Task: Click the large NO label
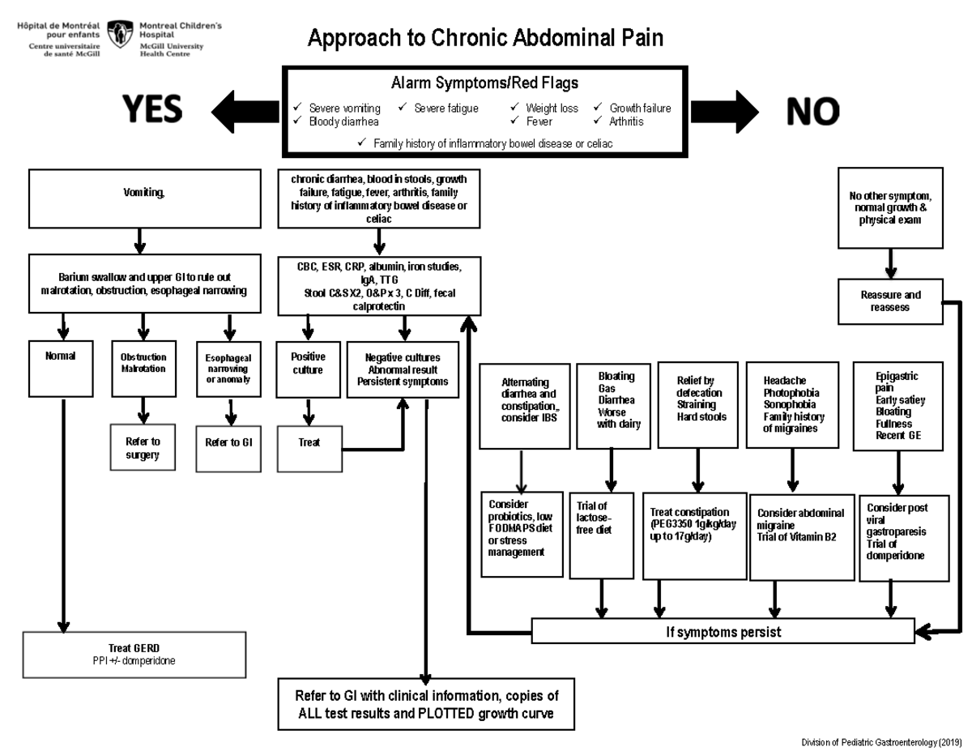(812, 111)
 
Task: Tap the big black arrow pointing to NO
(723, 111)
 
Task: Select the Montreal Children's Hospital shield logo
(120, 35)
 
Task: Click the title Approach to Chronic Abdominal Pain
(484, 38)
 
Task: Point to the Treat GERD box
(134, 655)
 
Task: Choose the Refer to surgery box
(143, 448)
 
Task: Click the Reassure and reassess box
(890, 301)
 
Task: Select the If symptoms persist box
(723, 632)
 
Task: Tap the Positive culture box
(308, 369)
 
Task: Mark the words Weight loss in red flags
(552, 108)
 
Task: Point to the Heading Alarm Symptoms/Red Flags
(484, 83)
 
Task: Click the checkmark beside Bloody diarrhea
(298, 122)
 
